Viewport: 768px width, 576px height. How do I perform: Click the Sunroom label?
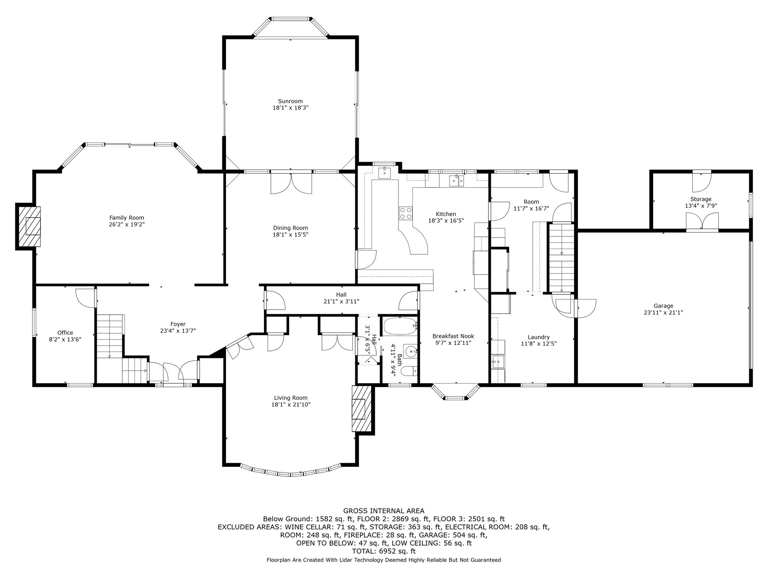(x=290, y=101)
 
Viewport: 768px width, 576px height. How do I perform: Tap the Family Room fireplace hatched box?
(x=30, y=226)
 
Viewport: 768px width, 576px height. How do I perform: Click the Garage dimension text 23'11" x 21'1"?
(x=663, y=313)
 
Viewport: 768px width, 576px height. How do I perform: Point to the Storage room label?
(x=701, y=199)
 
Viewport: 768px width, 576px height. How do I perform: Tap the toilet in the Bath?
(x=409, y=371)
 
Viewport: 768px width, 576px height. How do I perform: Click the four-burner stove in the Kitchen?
(x=406, y=213)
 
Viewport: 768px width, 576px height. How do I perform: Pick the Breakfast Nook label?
(x=453, y=336)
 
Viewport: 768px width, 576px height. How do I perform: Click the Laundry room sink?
(x=498, y=362)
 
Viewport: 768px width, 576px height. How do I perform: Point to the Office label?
(x=65, y=333)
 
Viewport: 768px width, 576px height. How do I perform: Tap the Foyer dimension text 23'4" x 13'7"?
(x=178, y=331)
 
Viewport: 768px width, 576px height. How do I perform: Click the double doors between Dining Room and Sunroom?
(x=291, y=184)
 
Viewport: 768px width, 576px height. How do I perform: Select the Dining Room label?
(x=290, y=228)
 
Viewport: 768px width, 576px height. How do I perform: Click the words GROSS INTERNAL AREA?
(x=384, y=511)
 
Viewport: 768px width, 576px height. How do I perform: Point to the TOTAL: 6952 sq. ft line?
(x=384, y=551)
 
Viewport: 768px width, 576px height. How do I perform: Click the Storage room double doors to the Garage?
(x=702, y=221)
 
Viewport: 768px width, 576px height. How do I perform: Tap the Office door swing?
(x=85, y=298)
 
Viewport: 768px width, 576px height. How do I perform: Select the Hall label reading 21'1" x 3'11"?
(x=341, y=302)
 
